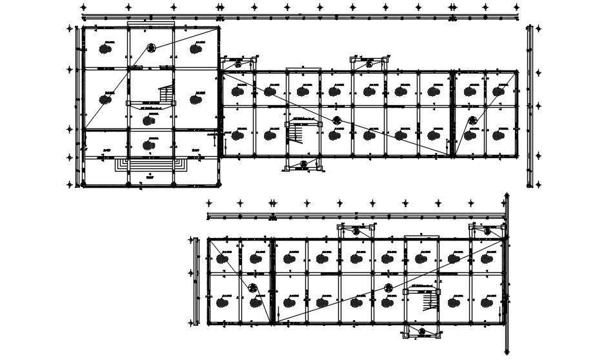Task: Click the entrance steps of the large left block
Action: coord(152,165)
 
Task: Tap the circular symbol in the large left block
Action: coord(151,47)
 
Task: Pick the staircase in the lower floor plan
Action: coord(428,300)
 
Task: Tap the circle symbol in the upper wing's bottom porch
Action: coord(303,165)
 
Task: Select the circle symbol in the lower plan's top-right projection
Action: coord(487,231)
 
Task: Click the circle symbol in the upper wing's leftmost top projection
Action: coord(237,64)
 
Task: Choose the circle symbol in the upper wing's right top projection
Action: coord(369,64)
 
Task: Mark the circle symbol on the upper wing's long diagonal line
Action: coord(336,120)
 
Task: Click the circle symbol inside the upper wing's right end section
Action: coord(472,120)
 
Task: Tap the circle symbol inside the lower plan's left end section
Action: coord(253,288)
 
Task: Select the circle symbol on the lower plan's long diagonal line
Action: coord(388,288)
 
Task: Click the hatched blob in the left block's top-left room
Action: coord(105,48)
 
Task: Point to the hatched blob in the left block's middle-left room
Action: coord(105,99)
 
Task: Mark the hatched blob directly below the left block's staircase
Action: coord(151,119)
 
